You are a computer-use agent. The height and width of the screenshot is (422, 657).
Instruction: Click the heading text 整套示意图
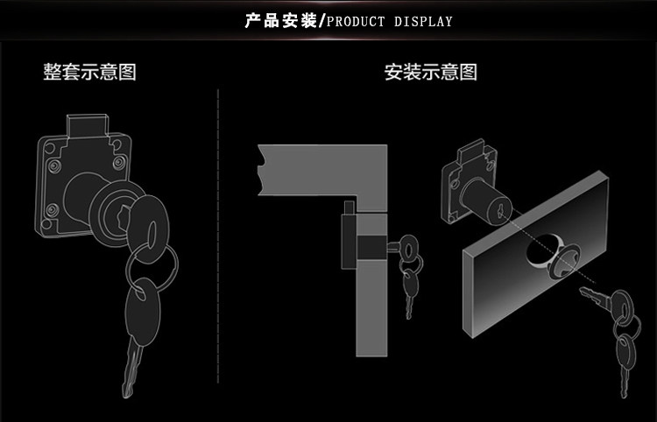pyautogui.click(x=90, y=72)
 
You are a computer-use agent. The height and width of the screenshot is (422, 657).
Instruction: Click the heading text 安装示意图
pyautogui.click(x=431, y=72)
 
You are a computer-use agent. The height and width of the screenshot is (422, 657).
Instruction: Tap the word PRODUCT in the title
pyautogui.click(x=357, y=21)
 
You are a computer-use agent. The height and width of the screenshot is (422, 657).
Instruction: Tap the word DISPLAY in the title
pyautogui.click(x=423, y=21)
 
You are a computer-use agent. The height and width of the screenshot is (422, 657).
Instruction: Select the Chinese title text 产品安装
pyautogui.click(x=281, y=20)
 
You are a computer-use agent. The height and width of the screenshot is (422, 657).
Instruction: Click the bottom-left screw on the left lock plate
pyautogui.click(x=52, y=209)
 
